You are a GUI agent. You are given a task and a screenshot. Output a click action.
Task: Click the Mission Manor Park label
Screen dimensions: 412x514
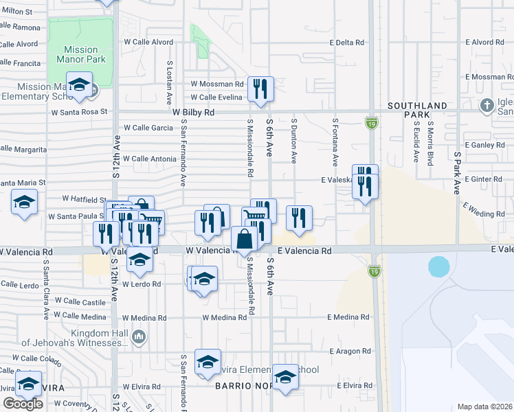click(81, 55)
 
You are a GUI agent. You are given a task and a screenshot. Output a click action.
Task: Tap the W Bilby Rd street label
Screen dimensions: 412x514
click(193, 112)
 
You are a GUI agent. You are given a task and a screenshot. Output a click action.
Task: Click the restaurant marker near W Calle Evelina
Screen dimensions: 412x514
click(260, 89)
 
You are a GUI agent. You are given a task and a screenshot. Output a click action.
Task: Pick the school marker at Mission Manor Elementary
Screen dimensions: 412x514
click(80, 85)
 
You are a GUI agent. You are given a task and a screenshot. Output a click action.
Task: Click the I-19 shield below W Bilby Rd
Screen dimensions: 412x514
click(371, 123)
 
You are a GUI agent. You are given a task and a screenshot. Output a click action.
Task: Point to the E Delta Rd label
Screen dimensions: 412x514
click(347, 43)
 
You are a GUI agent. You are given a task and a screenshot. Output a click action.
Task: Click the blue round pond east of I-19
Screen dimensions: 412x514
click(438, 266)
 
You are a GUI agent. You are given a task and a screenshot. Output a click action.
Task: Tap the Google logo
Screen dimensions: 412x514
click(23, 404)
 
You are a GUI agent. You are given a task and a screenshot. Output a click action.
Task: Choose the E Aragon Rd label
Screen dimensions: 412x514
click(349, 352)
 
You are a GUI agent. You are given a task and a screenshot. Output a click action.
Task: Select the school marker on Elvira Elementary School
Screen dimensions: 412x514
click(208, 363)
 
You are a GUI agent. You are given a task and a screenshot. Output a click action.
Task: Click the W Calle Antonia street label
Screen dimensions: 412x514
click(149, 159)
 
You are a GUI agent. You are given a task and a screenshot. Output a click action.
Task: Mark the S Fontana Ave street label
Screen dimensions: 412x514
click(335, 142)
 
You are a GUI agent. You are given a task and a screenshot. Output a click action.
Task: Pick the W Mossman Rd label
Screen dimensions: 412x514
click(217, 84)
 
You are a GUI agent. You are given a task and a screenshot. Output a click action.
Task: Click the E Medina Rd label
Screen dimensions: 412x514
click(348, 317)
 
